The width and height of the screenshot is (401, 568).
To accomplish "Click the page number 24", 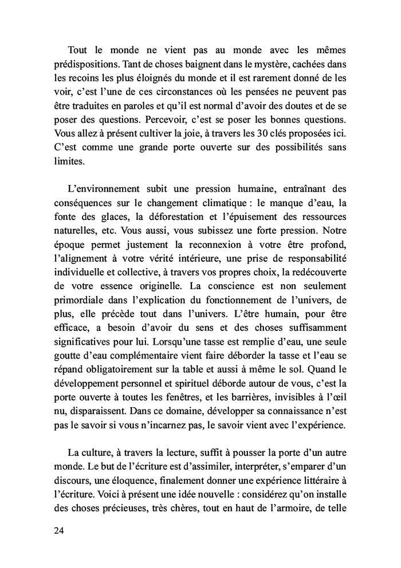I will tap(58, 530).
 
